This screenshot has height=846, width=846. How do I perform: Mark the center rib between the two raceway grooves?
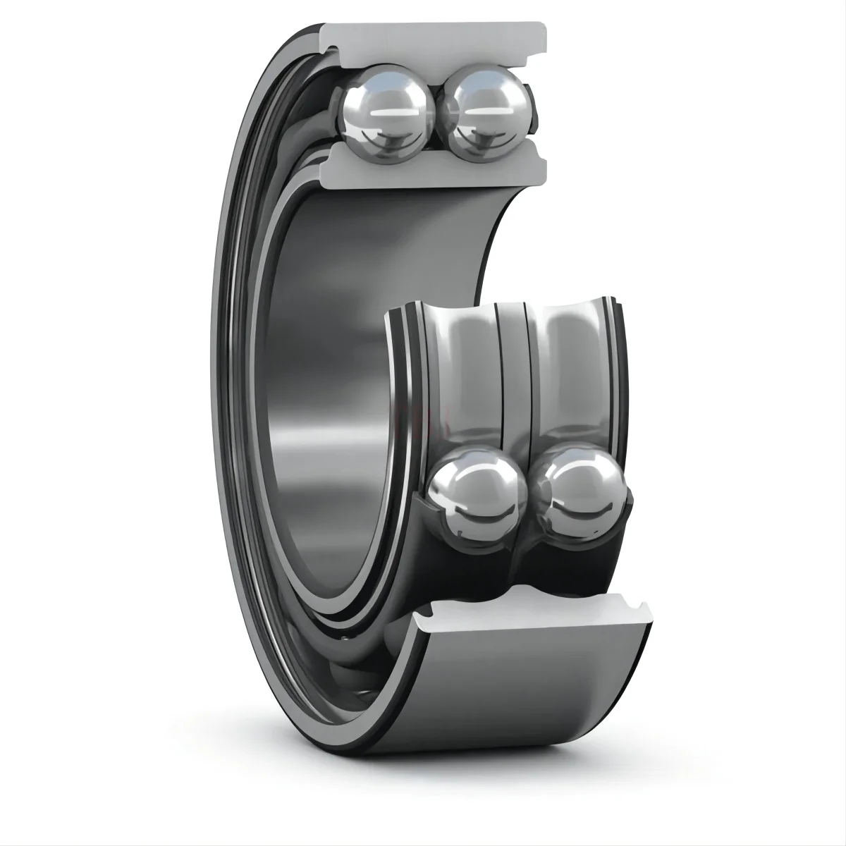tap(513, 367)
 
